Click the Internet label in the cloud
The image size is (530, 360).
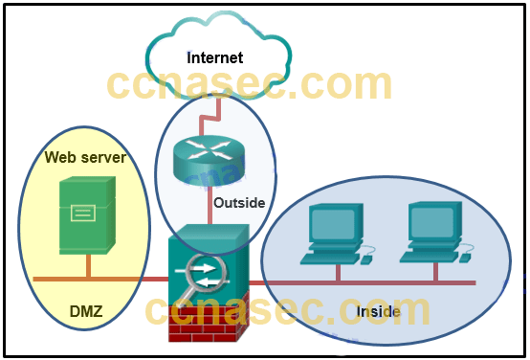point(214,57)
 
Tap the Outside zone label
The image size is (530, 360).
point(239,203)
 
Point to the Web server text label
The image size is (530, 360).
point(85,157)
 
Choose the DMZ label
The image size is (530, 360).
point(86,311)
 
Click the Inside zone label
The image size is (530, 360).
point(378,313)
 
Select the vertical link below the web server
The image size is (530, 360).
point(88,265)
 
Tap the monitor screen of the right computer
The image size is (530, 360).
point(432,224)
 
